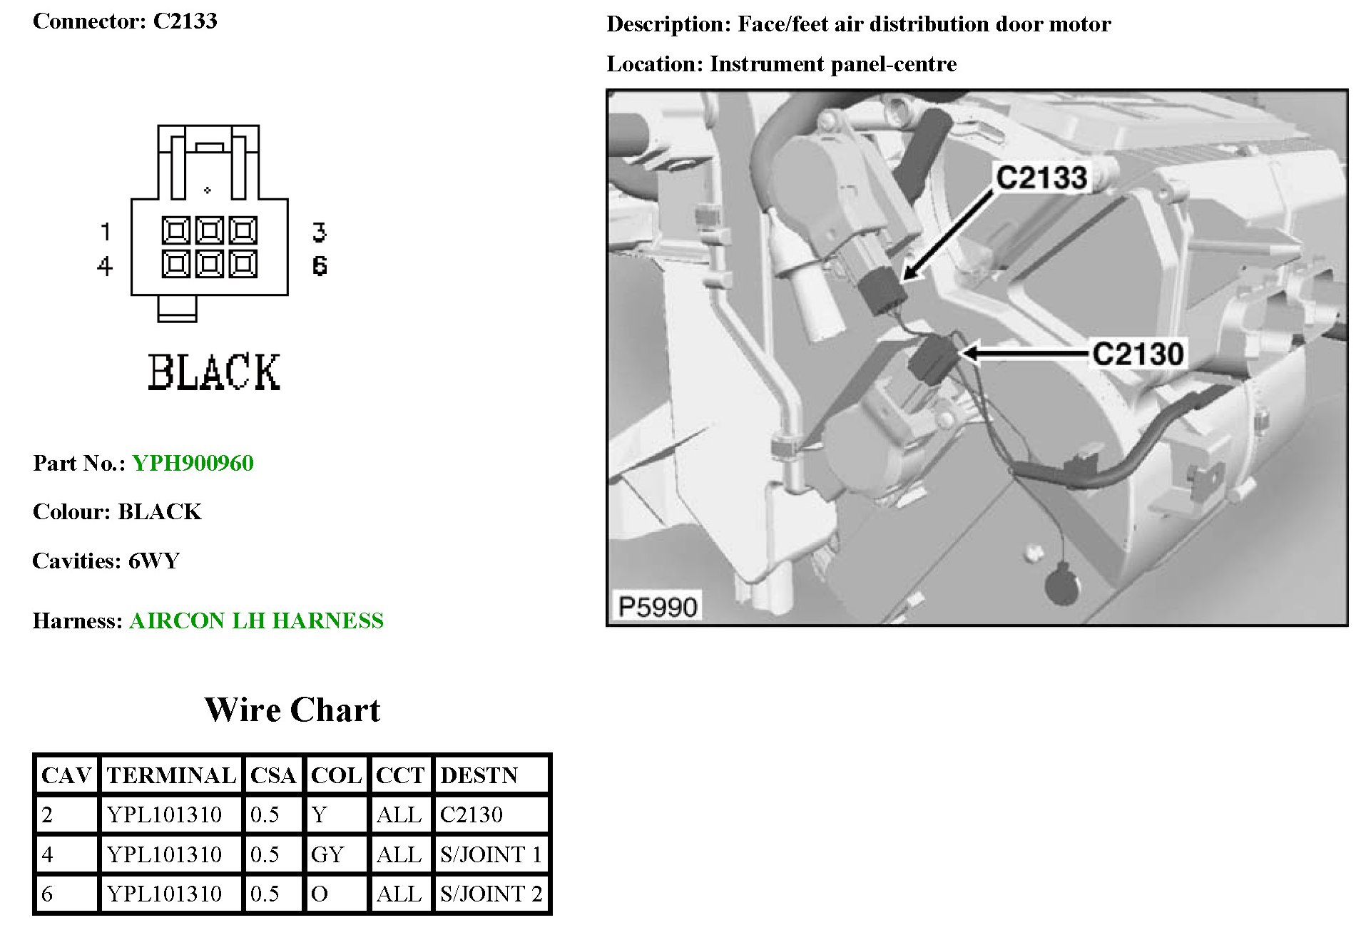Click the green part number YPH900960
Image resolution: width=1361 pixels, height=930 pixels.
pos(193,464)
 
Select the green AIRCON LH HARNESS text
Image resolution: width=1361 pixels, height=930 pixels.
pos(256,621)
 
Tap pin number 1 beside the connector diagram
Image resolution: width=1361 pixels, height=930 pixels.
pos(106,232)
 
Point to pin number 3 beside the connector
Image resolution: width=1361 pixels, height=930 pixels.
pos(319,232)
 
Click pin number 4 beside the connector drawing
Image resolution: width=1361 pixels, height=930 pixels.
pos(105,266)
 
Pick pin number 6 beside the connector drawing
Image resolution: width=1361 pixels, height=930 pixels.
pos(320,266)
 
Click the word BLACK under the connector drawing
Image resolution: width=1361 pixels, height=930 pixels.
pos(214,372)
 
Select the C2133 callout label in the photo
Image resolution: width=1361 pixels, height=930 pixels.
pos(1041,178)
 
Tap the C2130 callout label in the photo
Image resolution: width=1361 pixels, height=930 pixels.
pos(1138,354)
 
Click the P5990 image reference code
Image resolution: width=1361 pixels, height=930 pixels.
pos(657,607)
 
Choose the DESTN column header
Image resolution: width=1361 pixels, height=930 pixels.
pos(479,775)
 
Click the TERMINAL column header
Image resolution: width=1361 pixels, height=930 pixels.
pos(171,775)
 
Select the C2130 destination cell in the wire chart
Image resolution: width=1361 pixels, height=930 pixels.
pos(471,814)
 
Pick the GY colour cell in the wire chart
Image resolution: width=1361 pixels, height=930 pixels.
pos(327,854)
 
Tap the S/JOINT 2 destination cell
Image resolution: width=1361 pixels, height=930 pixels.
pos(491,894)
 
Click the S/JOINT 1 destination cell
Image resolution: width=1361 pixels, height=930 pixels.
pos(491,854)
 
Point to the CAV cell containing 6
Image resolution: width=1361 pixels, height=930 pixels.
pos(48,894)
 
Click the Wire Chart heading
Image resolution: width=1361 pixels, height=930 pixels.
pos(292,710)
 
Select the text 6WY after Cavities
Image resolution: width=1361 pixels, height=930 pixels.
pos(153,561)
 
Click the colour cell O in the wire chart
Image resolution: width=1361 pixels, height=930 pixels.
pos(320,894)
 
